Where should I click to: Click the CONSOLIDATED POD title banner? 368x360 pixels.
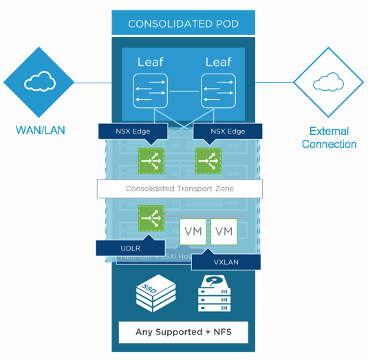[x=183, y=23]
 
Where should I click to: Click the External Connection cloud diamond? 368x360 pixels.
[x=328, y=83]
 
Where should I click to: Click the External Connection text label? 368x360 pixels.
[x=329, y=138]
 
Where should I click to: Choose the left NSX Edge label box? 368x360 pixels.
[x=131, y=131]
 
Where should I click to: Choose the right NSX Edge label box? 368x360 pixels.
[x=227, y=131]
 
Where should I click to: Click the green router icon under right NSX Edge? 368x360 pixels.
[x=207, y=160]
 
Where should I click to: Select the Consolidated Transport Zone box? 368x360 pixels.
[x=180, y=188]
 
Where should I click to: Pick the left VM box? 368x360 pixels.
[x=194, y=232]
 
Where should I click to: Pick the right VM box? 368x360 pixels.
[x=224, y=232]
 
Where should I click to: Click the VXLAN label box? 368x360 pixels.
[x=226, y=262]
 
